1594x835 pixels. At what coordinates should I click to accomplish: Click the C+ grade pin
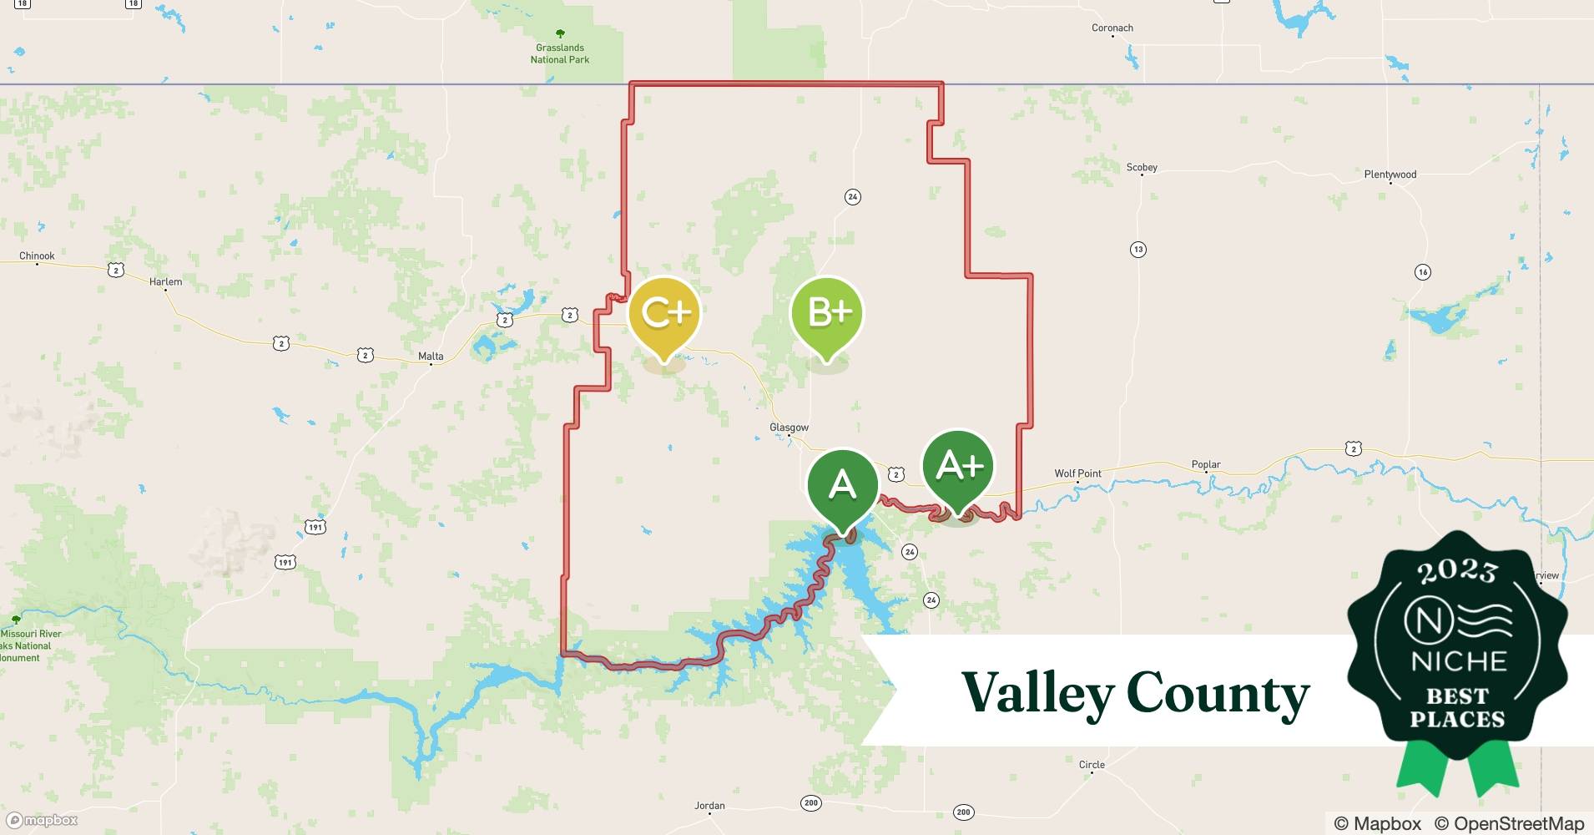pyautogui.click(x=665, y=313)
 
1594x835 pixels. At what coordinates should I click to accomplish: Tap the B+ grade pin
pyautogui.click(x=826, y=313)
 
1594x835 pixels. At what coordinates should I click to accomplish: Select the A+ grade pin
pyautogui.click(x=958, y=466)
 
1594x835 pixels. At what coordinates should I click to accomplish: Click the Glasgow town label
pyautogui.click(x=789, y=428)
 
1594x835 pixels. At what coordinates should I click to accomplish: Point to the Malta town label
pyautogui.click(x=431, y=357)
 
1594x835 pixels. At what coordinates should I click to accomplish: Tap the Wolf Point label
pyautogui.click(x=1077, y=473)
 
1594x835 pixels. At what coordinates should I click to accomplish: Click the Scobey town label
pyautogui.click(x=1142, y=168)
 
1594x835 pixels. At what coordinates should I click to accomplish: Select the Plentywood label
pyautogui.click(x=1390, y=175)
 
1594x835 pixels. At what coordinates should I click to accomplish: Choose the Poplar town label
pyautogui.click(x=1206, y=464)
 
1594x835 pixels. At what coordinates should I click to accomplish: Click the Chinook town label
pyautogui.click(x=37, y=256)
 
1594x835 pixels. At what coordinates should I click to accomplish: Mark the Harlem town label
pyautogui.click(x=165, y=282)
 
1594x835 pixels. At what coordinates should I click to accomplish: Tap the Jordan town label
pyautogui.click(x=709, y=806)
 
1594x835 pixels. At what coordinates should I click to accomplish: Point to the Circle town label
pyautogui.click(x=1092, y=765)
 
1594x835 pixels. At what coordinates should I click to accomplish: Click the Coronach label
pyautogui.click(x=1112, y=28)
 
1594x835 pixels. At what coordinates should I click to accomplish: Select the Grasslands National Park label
pyautogui.click(x=560, y=53)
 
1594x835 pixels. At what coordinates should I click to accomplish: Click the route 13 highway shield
pyautogui.click(x=1138, y=250)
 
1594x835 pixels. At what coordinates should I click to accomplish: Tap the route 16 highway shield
pyautogui.click(x=1423, y=272)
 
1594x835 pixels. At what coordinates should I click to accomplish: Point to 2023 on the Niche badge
pyautogui.click(x=1457, y=572)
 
